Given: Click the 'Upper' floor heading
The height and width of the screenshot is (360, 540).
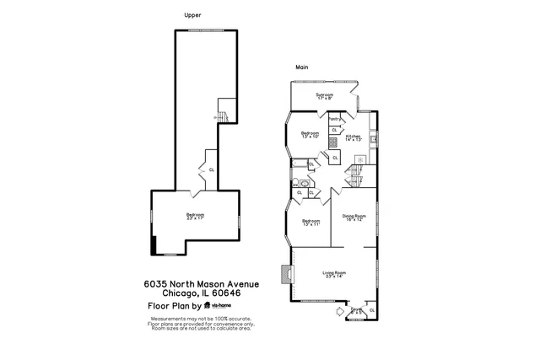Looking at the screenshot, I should (x=193, y=15).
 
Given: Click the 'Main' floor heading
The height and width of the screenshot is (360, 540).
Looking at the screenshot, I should (x=301, y=67).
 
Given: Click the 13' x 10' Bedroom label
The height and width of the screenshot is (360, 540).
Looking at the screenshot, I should (x=310, y=134).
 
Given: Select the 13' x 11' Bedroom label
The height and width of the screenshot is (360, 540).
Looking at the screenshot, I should (x=310, y=222).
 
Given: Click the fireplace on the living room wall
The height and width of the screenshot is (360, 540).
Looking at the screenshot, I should (x=289, y=275).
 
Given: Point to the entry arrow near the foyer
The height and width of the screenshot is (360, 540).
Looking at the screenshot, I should (x=340, y=312).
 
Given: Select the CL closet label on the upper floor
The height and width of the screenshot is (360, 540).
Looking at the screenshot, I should (x=211, y=169).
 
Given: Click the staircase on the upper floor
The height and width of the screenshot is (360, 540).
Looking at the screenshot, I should (x=224, y=110).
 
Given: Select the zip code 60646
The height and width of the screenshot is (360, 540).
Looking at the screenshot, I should (x=224, y=293).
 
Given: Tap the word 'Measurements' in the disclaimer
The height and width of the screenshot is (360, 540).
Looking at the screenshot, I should (x=166, y=319).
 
